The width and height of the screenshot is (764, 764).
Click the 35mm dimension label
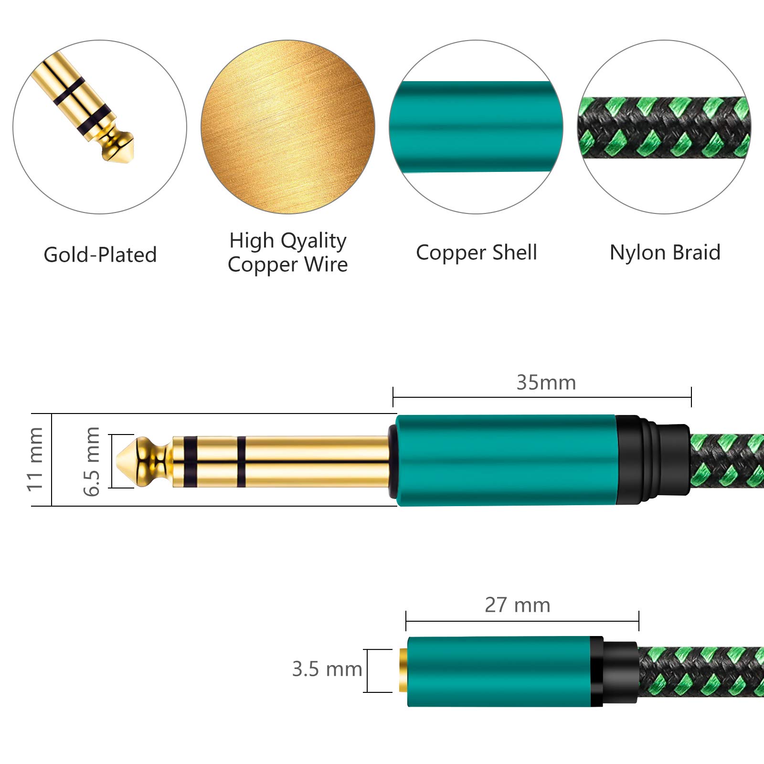(546, 383)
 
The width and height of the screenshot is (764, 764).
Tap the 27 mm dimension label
(518, 605)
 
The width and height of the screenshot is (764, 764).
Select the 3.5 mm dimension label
(327, 669)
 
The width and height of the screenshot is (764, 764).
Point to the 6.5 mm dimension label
(92, 461)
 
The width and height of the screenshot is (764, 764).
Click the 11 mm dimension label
(35, 459)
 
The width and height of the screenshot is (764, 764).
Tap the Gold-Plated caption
(100, 255)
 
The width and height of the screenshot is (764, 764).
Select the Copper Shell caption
(477, 253)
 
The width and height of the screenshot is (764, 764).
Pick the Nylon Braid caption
(665, 253)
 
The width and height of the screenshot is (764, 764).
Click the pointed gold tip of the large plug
(126, 461)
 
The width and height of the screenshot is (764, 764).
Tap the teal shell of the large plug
(505, 460)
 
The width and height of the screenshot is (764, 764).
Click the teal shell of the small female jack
(499, 671)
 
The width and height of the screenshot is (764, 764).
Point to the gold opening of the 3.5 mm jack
(403, 670)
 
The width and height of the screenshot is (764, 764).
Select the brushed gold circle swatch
(288, 127)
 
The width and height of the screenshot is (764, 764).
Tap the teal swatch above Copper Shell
(476, 127)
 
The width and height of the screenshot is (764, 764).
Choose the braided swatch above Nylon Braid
(664, 127)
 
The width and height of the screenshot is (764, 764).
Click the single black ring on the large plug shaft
(242, 461)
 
